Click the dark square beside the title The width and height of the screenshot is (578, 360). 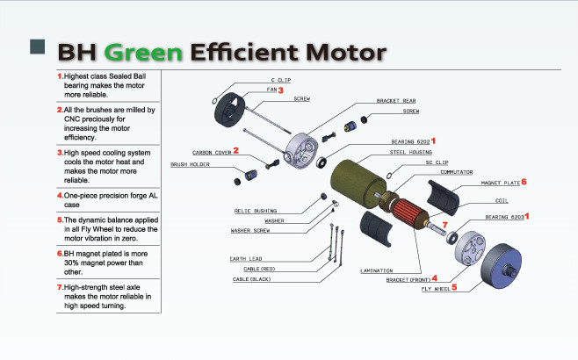pos(38,47)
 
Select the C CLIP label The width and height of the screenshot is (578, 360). pos(279,80)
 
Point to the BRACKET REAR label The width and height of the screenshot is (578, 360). pos(395,101)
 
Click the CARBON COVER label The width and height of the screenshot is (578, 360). pos(212,153)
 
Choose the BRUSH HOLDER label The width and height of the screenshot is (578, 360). pos(189,164)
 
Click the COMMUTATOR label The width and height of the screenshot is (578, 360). pos(456,172)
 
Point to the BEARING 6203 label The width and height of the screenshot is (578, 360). pos(504,216)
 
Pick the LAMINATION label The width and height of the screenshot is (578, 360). pos(376,270)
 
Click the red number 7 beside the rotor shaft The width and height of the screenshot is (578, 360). pos(445,225)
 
